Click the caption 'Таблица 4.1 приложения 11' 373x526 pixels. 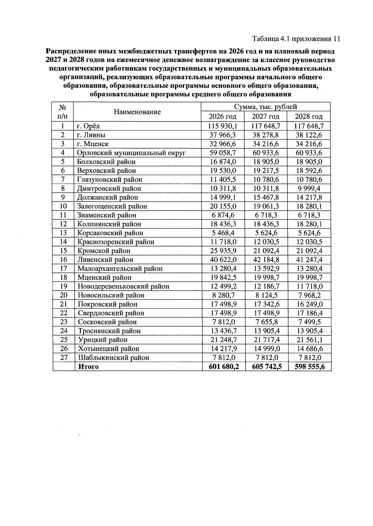tap(296, 39)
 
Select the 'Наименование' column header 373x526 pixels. tap(137, 112)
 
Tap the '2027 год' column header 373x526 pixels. tap(265, 117)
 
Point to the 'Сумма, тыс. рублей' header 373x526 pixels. tap(265, 107)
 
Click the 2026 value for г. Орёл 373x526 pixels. tap(222, 126)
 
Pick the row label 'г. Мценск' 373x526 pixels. tap(93, 144)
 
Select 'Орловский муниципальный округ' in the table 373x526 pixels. tap(131, 153)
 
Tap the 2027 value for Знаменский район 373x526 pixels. tap(265, 215)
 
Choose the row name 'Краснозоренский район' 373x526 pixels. tap(116, 242)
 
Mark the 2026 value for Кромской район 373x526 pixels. tap(222, 251)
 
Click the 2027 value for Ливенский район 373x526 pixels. tap(265, 260)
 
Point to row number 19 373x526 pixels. tap(64, 286)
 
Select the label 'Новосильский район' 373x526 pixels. tap(111, 295)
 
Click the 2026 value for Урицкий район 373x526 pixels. tap(222, 340)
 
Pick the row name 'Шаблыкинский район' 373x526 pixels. tap(113, 358)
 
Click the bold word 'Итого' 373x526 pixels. tap(88, 367)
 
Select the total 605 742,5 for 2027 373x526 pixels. tap(267, 367)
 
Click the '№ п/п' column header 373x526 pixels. tap(63, 112)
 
